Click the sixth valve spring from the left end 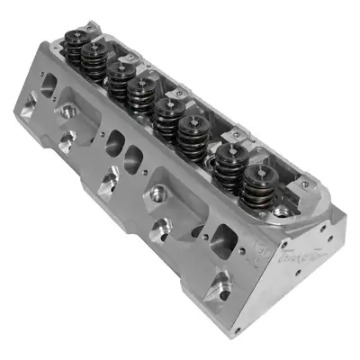[192, 133]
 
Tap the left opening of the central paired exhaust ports [115, 142]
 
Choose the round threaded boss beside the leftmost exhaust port [68, 115]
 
